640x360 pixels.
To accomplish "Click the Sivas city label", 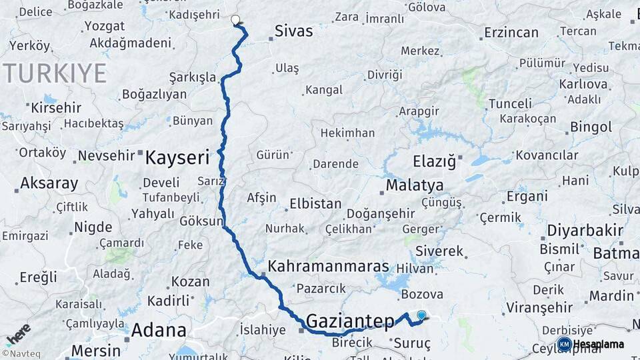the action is coord(295,30).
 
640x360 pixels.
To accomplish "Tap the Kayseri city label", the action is coord(177,157).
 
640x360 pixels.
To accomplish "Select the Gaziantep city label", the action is coord(350,321).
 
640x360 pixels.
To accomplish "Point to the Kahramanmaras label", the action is coord(328,266).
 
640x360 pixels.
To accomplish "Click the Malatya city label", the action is coord(415,185).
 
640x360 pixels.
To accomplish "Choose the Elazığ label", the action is coord(434,161).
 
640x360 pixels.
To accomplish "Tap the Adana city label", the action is coord(159,329).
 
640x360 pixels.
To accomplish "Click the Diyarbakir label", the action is coord(585,230).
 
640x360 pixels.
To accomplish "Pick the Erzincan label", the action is coord(511,32).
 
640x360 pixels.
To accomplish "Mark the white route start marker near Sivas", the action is coord(235,20).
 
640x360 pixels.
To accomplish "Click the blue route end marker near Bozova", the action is coord(421,315).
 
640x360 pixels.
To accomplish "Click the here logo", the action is coord(18,333).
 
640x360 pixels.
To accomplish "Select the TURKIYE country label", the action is coord(55,73).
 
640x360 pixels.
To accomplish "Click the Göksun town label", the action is coord(201,221).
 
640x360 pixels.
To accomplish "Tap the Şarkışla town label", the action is coord(193,76).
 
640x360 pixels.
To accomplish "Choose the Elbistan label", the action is coord(315,204).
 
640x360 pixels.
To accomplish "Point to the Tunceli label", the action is coord(510,103).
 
